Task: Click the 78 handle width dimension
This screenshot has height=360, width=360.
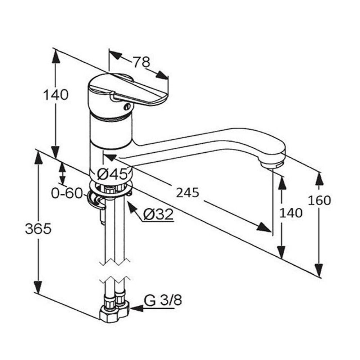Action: click(141, 62)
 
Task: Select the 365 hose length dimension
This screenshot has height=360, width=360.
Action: click(38, 229)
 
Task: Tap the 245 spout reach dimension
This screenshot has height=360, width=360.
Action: click(187, 193)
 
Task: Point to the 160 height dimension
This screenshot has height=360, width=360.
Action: click(319, 200)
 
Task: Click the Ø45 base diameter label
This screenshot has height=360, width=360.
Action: click(112, 174)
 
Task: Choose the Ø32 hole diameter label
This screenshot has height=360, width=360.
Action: click(158, 215)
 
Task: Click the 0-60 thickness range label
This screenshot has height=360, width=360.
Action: click(67, 193)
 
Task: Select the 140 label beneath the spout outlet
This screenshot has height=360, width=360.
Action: click(291, 213)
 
